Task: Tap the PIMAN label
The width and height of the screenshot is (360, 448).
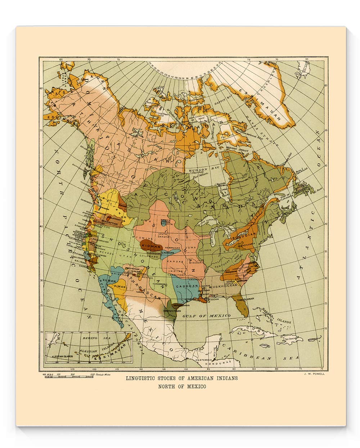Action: [x=120, y=287]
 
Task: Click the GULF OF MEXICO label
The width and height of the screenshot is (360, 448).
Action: [x=206, y=315]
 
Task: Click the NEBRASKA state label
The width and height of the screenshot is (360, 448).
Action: [x=172, y=248]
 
